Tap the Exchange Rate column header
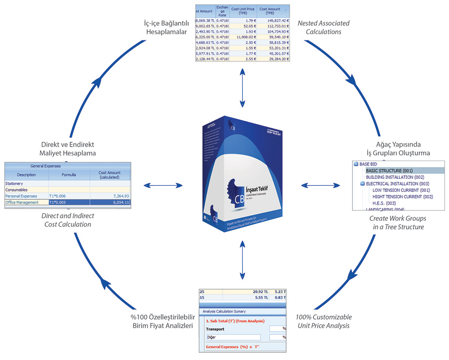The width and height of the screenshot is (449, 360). tap(222, 11)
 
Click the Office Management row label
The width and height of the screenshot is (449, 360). tap(21, 202)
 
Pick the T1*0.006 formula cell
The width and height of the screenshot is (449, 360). tap(59, 196)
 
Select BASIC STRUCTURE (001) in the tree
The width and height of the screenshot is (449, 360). tap(390, 171)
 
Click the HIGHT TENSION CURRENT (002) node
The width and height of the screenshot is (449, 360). tap(403, 196)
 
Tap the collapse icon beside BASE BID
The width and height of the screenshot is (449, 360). tap(355, 164)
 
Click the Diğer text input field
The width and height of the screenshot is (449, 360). tap(233, 337)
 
